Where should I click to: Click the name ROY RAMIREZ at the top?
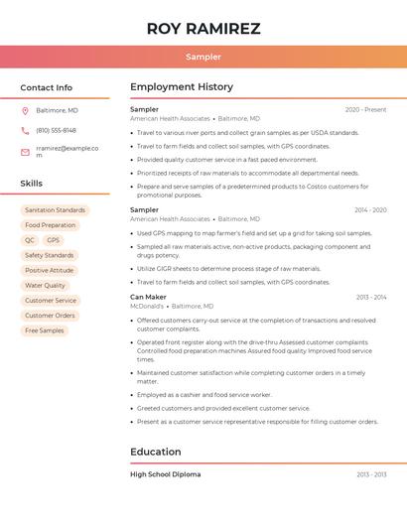point(203,29)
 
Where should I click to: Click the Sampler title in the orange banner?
point(203,57)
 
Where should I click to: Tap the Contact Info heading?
point(46,87)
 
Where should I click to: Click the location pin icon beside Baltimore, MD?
point(25,110)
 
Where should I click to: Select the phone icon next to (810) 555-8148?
point(25,130)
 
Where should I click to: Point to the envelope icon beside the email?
point(25,152)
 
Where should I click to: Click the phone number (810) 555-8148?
point(56,130)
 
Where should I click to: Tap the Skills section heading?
point(32,184)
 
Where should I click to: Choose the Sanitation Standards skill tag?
point(56,210)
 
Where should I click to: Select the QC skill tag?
point(30,240)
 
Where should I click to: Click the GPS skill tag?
point(53,240)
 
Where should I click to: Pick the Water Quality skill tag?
point(45,285)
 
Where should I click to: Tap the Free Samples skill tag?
point(45,330)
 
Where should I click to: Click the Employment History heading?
point(182,87)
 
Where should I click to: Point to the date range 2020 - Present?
point(365,109)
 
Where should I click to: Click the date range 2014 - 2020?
point(370,210)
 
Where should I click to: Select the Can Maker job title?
point(148,297)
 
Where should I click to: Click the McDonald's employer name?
point(148,307)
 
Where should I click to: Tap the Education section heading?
point(156,453)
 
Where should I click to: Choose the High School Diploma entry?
point(165,474)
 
